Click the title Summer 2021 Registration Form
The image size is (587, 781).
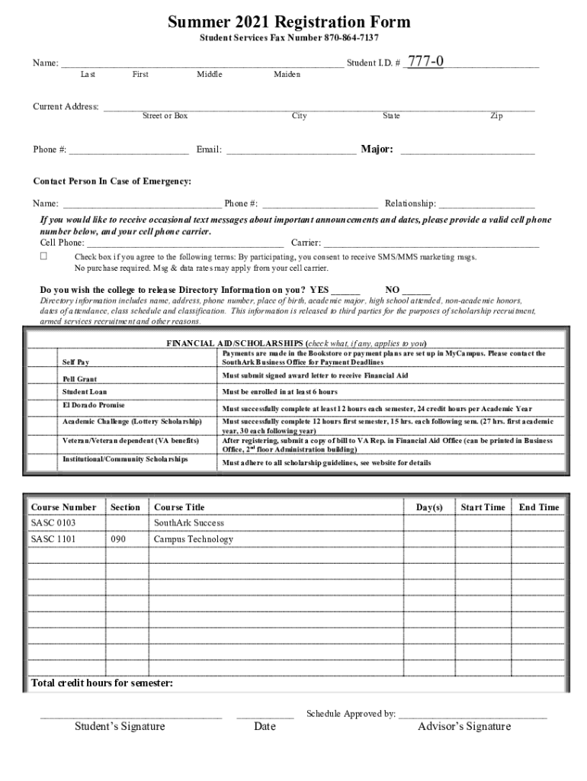point(289,22)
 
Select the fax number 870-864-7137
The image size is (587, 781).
point(351,38)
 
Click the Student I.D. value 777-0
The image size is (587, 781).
point(427,62)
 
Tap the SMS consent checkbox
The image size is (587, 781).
point(43,256)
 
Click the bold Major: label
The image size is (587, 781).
point(377,149)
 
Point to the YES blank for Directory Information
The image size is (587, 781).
point(345,291)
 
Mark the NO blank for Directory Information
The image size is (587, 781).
point(416,291)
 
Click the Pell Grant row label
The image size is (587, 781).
point(79,379)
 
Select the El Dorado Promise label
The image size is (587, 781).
point(93,406)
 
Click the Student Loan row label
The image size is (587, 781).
point(84,392)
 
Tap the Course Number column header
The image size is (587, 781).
point(63,507)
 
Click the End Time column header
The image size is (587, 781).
point(539,507)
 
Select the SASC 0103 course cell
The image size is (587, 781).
point(53,523)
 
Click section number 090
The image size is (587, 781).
point(118,539)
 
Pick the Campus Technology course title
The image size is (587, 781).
point(193,539)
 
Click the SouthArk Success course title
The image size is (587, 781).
point(189,523)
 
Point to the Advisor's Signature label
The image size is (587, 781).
point(464,726)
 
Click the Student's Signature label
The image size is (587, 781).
point(119,726)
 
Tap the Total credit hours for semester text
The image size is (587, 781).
point(101,683)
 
